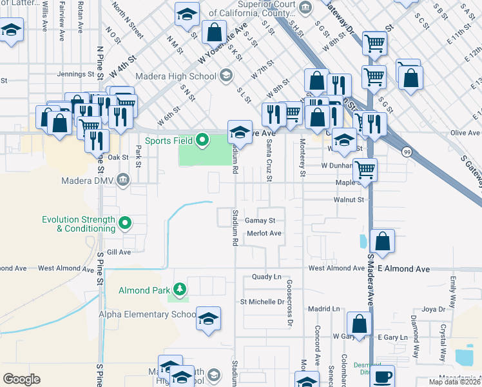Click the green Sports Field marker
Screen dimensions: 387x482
202,140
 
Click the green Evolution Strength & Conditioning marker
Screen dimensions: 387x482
126,224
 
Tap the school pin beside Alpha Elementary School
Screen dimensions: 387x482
208,319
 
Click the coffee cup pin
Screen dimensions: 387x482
383,376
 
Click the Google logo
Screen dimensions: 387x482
21,379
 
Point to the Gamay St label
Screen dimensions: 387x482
260,221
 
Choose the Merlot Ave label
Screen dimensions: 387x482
264,233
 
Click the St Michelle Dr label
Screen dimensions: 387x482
262,301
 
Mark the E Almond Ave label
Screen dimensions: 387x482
403,268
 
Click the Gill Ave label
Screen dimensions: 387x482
119,252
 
